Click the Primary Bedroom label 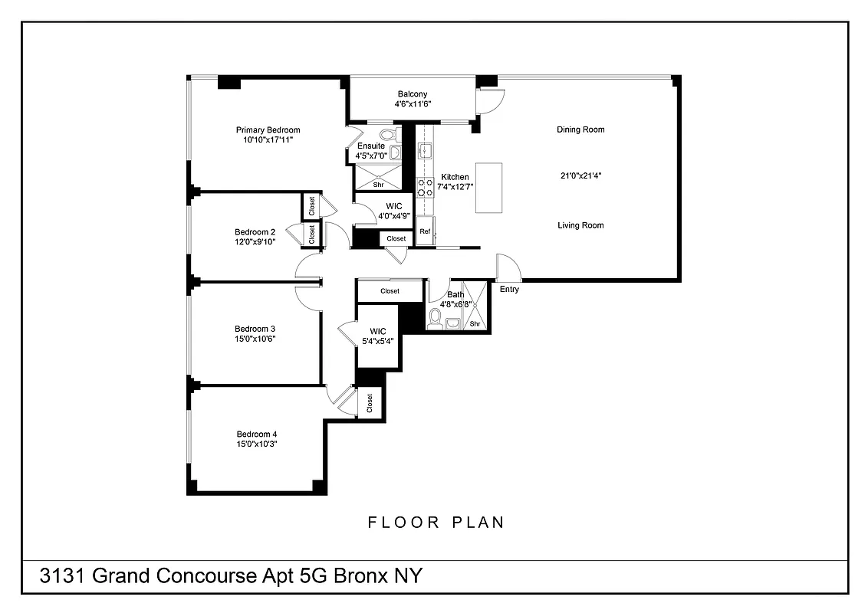point(268,130)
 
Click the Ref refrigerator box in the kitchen point(425,231)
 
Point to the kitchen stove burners point(424,188)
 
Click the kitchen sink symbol point(425,151)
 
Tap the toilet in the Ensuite point(387,135)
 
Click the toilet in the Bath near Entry point(436,318)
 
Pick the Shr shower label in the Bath point(475,324)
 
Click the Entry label point(509,290)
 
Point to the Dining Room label point(580,129)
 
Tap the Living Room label point(580,225)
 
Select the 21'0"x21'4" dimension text point(580,175)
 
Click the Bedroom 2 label point(255,232)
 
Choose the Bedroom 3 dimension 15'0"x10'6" point(255,338)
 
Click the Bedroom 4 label point(256,434)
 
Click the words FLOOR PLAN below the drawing point(436,523)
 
